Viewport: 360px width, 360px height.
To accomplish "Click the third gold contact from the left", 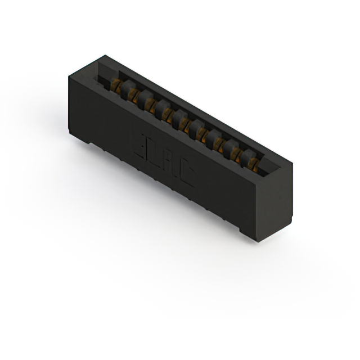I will pos(149,103).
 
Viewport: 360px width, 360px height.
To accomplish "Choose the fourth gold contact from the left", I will pos(166,113).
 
